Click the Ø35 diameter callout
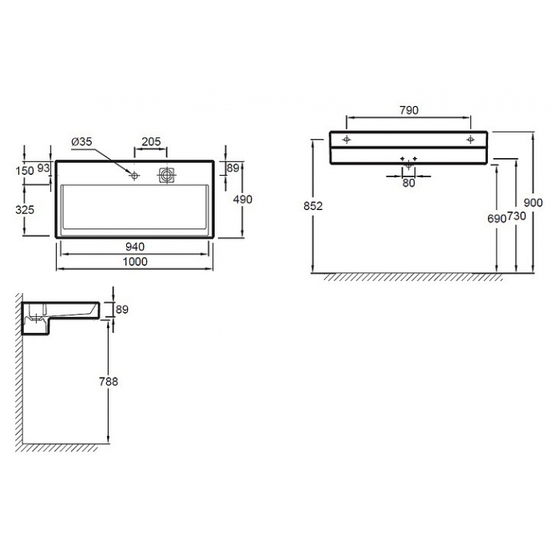point(81,142)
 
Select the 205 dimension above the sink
point(151,141)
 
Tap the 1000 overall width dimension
point(135,262)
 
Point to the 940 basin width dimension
point(135,247)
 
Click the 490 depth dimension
point(243,200)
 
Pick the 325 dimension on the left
point(25,209)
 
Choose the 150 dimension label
point(25,171)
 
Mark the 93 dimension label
point(43,168)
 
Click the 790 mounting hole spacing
point(409,110)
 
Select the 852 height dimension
point(313,206)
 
